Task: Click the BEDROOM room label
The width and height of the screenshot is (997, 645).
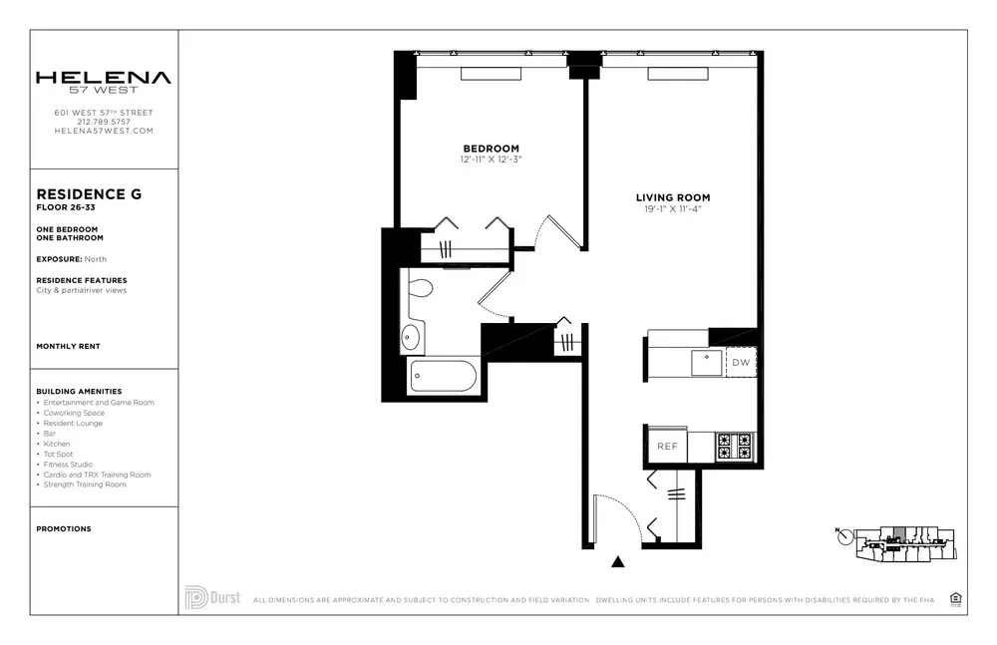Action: (x=491, y=146)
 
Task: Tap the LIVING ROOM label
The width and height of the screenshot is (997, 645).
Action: (x=673, y=197)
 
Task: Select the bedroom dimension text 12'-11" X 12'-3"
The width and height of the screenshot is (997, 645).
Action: (x=491, y=159)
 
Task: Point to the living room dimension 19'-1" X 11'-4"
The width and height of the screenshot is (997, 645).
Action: (x=673, y=210)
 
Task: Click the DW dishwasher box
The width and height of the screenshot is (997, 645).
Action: (x=741, y=363)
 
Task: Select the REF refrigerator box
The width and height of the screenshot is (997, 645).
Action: (x=667, y=447)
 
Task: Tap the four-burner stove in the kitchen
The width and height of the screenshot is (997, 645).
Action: (x=736, y=447)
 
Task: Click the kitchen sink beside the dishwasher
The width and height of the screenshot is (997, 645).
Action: (x=707, y=361)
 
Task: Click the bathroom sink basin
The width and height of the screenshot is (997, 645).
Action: (x=412, y=338)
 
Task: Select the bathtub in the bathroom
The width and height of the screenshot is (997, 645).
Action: (x=444, y=377)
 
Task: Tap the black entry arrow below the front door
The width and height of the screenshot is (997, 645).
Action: (x=618, y=562)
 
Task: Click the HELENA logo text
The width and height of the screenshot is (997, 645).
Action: (x=104, y=78)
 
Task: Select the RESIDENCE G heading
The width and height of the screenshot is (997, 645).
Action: (x=89, y=194)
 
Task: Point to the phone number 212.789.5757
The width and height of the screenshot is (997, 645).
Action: (x=104, y=122)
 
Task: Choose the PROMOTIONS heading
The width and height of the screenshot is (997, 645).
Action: (x=64, y=529)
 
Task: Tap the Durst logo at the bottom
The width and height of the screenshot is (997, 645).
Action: (x=212, y=597)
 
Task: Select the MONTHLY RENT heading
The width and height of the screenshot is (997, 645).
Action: (x=68, y=346)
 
